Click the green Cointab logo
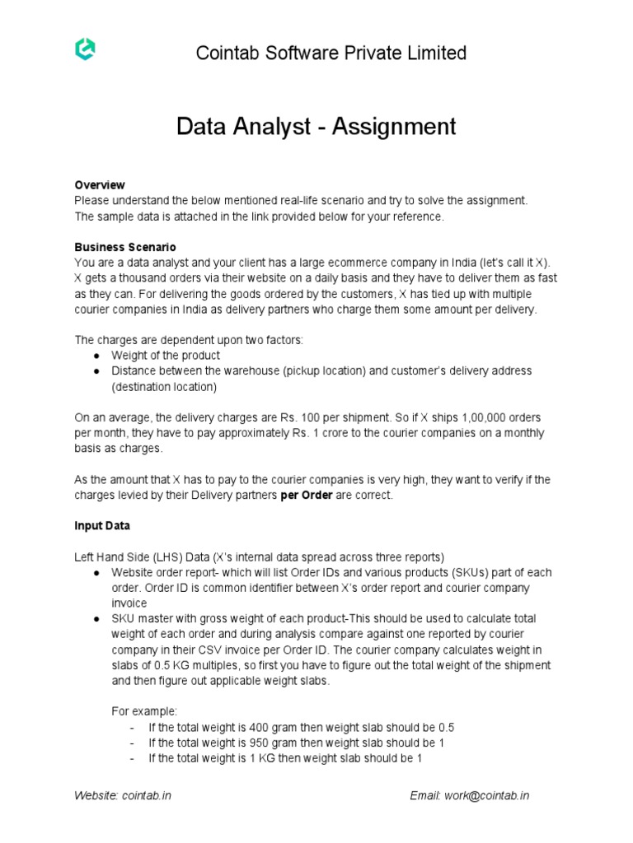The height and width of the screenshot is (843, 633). click(x=85, y=50)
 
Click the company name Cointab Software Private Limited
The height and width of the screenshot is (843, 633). click(x=331, y=54)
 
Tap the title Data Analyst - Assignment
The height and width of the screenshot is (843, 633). click(x=316, y=127)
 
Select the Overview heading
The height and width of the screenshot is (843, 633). click(x=99, y=184)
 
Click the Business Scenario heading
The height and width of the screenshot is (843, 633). click(x=124, y=247)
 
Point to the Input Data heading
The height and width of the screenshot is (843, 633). click(x=102, y=525)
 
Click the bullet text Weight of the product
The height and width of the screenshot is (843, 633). click(x=166, y=355)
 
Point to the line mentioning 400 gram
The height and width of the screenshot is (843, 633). click(x=301, y=728)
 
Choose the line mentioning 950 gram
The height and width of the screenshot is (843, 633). click(x=297, y=743)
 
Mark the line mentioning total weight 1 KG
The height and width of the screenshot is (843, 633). click(x=285, y=758)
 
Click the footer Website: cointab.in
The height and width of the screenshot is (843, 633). click(x=123, y=795)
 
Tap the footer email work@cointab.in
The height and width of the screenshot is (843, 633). click(x=470, y=795)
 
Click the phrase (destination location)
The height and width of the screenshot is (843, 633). click(x=164, y=386)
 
